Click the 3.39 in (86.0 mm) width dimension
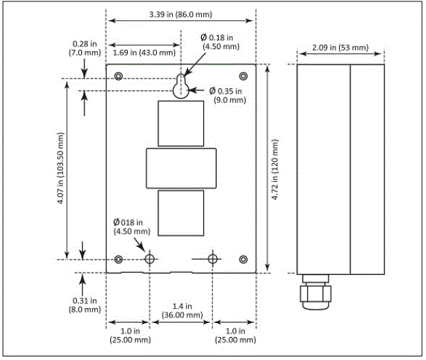(x=180, y=15)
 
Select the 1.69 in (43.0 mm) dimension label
(x=143, y=51)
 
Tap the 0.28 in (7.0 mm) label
(x=76, y=47)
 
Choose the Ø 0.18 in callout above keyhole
(x=216, y=41)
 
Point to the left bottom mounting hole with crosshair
(x=149, y=259)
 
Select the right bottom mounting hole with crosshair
(x=212, y=259)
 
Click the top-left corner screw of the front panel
(x=119, y=76)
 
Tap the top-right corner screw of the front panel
(x=243, y=76)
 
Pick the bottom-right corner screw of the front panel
(x=243, y=259)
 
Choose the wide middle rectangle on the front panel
(x=181, y=169)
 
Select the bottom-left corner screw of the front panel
(x=119, y=259)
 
